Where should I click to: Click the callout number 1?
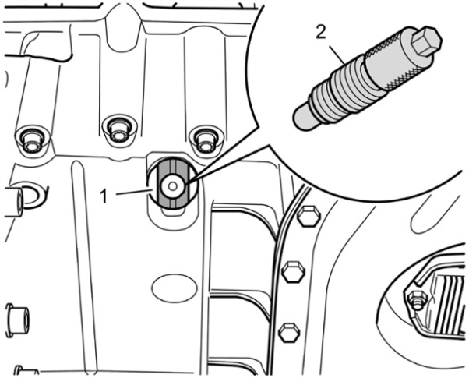pos(104,196)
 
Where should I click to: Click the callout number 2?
pos(321,33)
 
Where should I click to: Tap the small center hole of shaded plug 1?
pos(172,186)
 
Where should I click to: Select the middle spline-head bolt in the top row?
pos(119,130)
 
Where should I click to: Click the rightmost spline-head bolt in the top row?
pos(206,140)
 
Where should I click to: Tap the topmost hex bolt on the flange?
pos(309,216)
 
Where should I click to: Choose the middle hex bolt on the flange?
pos(294,272)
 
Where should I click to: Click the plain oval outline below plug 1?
pos(175,288)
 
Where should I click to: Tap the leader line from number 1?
pos(135,192)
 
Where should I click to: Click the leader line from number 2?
pos(337,55)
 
